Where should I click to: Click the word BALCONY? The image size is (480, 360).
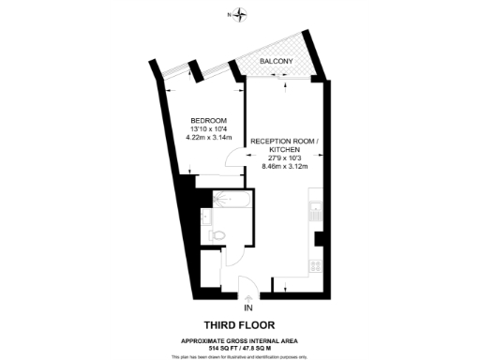pyautogui.click(x=276, y=62)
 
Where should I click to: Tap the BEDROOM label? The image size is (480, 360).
pyautogui.click(x=207, y=120)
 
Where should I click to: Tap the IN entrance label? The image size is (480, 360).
pyautogui.click(x=248, y=307)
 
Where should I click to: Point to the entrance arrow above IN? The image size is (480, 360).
pyautogui.click(x=248, y=297)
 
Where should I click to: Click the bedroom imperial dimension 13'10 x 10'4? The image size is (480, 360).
pyautogui.click(x=207, y=130)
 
